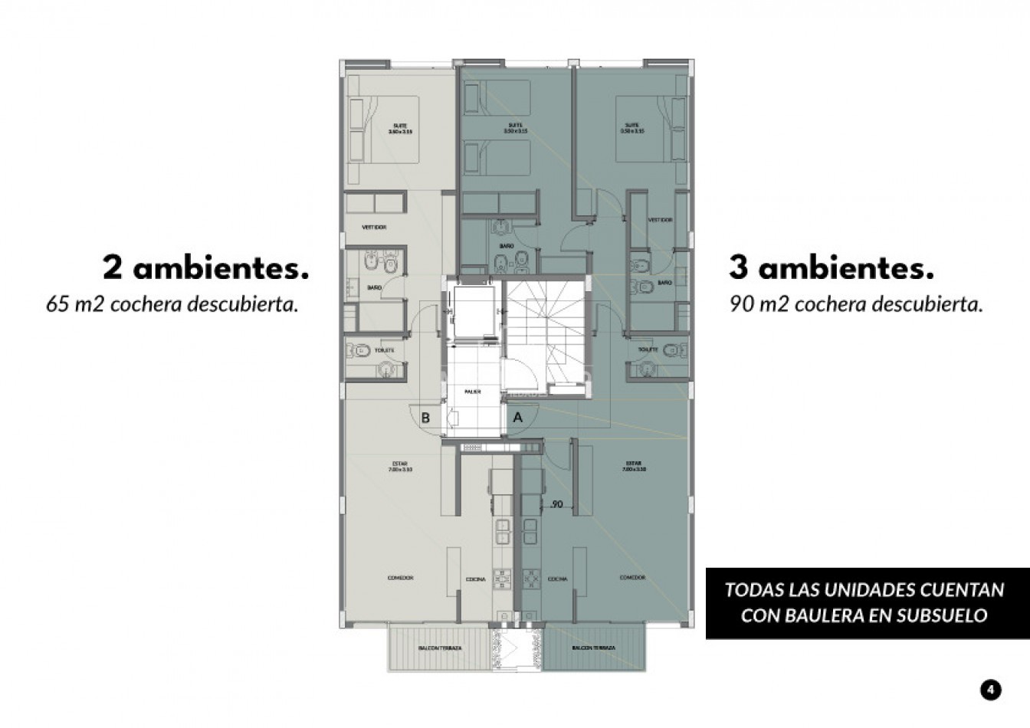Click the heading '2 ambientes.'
tap(205, 268)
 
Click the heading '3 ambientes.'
tap(832, 268)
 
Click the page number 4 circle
tap(990, 690)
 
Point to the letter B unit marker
tap(425, 418)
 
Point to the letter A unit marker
tap(517, 418)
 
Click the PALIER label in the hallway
tap(473, 391)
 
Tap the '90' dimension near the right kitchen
tap(556, 504)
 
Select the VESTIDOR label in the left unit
tap(374, 228)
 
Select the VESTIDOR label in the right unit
tap(660, 220)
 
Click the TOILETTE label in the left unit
tap(385, 350)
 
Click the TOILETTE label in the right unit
tap(648, 349)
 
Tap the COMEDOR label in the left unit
tap(401, 578)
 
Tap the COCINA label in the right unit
tap(557, 579)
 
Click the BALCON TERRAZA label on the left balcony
tap(440, 648)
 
